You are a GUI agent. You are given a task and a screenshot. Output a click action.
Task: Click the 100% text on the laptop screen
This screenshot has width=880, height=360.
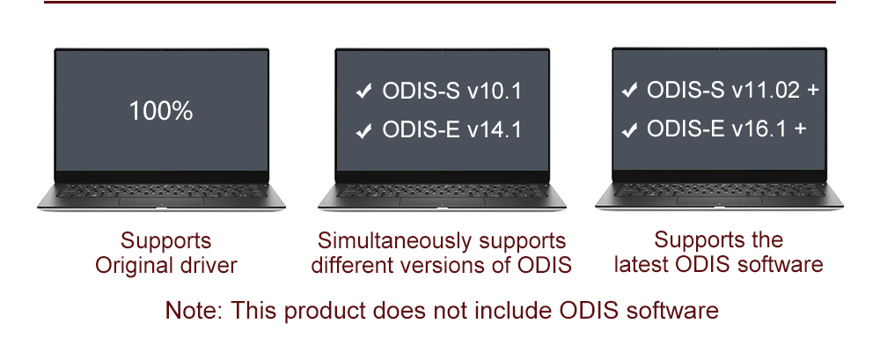(161, 111)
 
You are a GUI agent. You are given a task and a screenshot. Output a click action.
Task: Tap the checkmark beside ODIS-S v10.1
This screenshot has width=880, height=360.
(364, 91)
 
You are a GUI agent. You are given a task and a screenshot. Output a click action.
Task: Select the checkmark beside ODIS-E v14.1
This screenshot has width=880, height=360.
(364, 130)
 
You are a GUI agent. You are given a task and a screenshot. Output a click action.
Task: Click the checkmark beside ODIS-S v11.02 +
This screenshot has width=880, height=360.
(629, 90)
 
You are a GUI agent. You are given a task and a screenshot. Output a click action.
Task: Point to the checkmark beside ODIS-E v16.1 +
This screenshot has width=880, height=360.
(629, 129)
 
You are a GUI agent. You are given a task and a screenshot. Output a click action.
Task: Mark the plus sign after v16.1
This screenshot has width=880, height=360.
(800, 129)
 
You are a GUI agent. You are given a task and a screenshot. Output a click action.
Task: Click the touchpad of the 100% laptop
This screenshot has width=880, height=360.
(161, 201)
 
